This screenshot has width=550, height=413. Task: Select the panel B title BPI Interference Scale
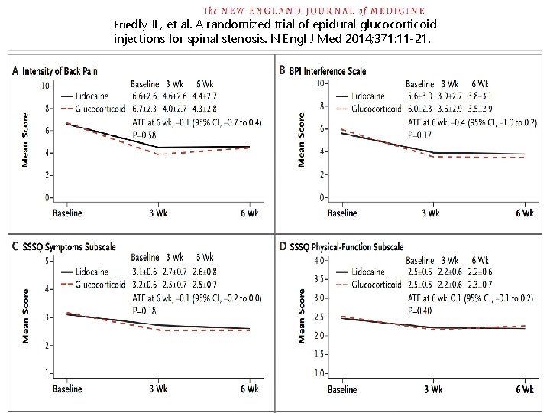click(x=329, y=71)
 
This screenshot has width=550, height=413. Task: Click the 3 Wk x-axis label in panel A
click(x=157, y=213)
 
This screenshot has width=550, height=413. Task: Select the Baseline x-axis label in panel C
click(x=67, y=389)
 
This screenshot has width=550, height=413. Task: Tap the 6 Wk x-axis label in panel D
click(x=524, y=389)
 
